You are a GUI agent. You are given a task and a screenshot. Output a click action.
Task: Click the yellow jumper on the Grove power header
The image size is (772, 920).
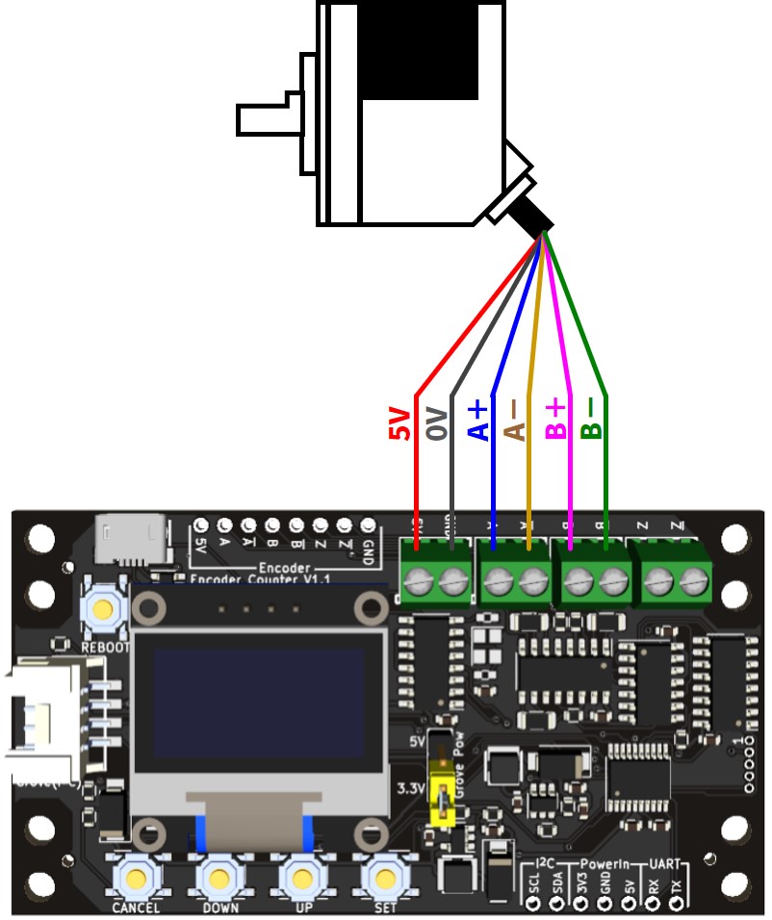[443, 798]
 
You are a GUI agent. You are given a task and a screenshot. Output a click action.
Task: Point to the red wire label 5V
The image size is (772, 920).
[399, 423]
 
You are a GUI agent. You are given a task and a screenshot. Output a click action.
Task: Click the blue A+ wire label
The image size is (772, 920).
[478, 421]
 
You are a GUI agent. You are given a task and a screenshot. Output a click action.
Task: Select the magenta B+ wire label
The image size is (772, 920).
[556, 421]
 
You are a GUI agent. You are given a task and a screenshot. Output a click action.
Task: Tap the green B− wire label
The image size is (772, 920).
[592, 421]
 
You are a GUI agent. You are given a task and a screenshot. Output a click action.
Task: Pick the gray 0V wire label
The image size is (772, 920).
[437, 423]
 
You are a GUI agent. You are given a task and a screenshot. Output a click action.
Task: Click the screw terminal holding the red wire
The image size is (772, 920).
[417, 581]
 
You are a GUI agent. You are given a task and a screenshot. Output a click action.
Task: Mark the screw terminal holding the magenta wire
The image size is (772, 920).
[577, 581]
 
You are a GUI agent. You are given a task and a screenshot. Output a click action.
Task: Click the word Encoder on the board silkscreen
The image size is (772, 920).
[284, 568]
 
